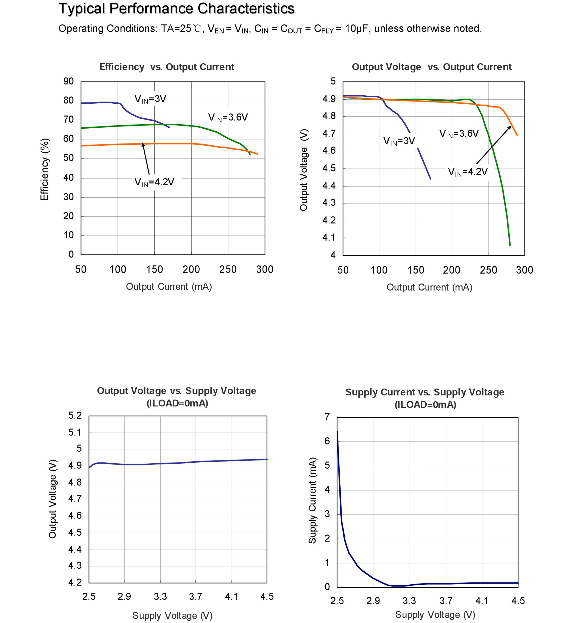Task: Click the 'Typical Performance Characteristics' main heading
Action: coord(176,9)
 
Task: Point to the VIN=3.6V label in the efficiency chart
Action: coord(228,118)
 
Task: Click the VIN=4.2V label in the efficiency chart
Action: coord(154,182)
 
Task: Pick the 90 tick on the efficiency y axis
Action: coord(68,81)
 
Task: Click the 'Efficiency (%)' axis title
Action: coord(44,169)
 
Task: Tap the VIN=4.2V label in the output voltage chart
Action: coord(467,172)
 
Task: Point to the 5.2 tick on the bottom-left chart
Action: coord(75,415)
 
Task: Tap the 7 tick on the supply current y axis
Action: coord(327,417)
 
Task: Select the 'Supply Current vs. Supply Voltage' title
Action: coord(425,392)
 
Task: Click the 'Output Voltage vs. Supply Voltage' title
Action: coord(176,391)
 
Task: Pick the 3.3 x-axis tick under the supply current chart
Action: coord(409,601)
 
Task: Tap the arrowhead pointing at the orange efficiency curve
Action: coord(143,144)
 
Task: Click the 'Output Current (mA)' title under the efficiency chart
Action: coord(169,287)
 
